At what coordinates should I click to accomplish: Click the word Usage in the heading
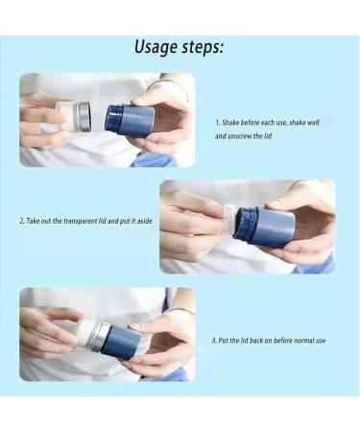tap(156, 47)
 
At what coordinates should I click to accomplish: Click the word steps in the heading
tap(201, 48)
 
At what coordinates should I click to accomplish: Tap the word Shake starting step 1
tap(230, 123)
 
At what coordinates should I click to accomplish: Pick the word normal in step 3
tap(304, 341)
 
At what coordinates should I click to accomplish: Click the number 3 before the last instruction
tap(214, 341)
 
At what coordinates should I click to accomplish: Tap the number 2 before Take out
tap(22, 221)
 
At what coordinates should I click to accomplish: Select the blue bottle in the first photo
tap(130, 121)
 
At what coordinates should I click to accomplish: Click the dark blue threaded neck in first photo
tap(110, 118)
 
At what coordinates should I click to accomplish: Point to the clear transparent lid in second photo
tap(229, 219)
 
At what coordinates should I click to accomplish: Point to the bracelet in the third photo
tap(180, 310)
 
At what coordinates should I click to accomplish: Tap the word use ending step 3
tap(321, 341)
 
